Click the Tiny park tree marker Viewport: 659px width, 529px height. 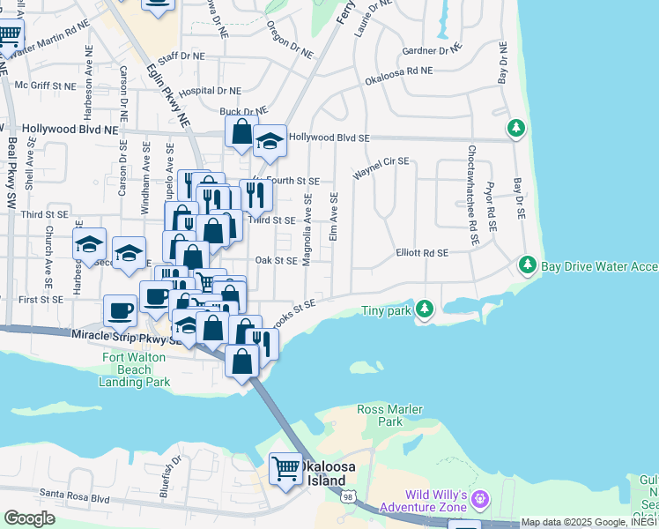point(426,309)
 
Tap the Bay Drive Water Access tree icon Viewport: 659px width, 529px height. point(528,264)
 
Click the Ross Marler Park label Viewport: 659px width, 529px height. point(390,415)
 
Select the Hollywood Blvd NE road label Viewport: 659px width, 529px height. point(70,129)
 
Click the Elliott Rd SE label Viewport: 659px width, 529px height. point(422,253)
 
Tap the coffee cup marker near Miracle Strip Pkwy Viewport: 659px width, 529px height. point(120,309)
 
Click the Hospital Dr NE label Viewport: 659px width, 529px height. point(210,91)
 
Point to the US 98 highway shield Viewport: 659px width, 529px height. point(350,498)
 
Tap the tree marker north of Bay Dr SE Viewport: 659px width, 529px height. point(516,129)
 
